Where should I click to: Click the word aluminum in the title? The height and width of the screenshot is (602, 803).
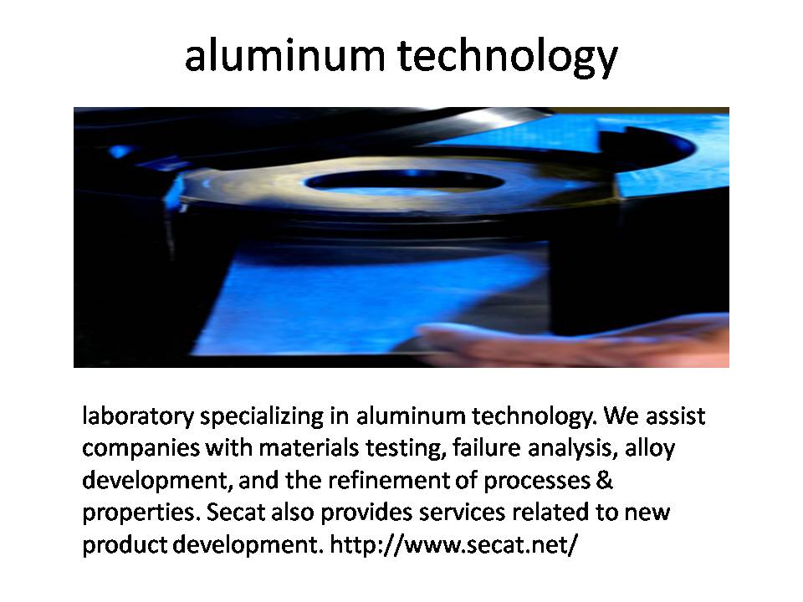coord(284,55)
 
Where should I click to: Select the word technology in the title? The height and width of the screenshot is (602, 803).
coord(508,59)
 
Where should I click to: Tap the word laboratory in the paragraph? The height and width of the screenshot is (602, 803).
coord(138,416)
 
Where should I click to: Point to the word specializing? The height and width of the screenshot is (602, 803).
coord(262,416)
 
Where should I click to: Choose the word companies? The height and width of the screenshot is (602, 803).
coord(141,449)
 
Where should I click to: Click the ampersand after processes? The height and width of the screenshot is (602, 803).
coord(604,481)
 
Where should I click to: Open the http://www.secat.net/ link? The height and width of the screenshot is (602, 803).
coord(453,544)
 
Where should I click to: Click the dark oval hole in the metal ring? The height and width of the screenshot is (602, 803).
coord(405,181)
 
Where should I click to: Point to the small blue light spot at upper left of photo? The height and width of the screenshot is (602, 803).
coord(120,151)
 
